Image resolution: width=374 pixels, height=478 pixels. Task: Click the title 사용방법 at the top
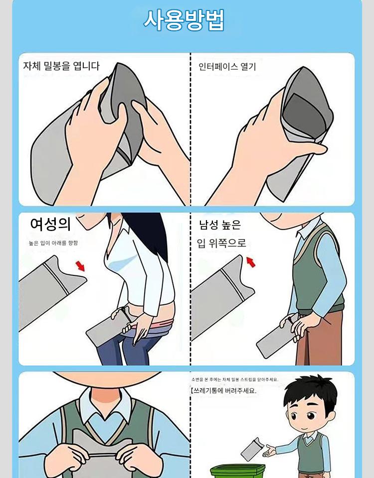tap(184, 20)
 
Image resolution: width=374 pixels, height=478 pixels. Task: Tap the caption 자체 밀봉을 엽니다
tap(61, 66)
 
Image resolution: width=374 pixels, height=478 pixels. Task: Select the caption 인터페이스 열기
tap(227, 66)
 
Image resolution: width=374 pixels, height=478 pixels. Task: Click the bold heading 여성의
tap(50, 224)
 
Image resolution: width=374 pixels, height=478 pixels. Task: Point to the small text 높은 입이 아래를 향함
tap(53, 242)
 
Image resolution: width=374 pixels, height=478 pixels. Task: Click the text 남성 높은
tap(220, 225)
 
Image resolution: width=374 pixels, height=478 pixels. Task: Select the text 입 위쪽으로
tap(221, 243)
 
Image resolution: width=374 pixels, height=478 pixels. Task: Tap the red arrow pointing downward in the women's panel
tap(80, 265)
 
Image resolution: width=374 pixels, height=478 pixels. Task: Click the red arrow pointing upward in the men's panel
tap(251, 262)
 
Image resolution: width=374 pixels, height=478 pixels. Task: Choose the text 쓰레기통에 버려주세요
tap(224, 390)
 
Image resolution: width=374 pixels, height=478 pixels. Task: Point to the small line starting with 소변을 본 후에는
tap(235, 379)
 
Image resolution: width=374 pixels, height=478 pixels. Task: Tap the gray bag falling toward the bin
tap(252, 449)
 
